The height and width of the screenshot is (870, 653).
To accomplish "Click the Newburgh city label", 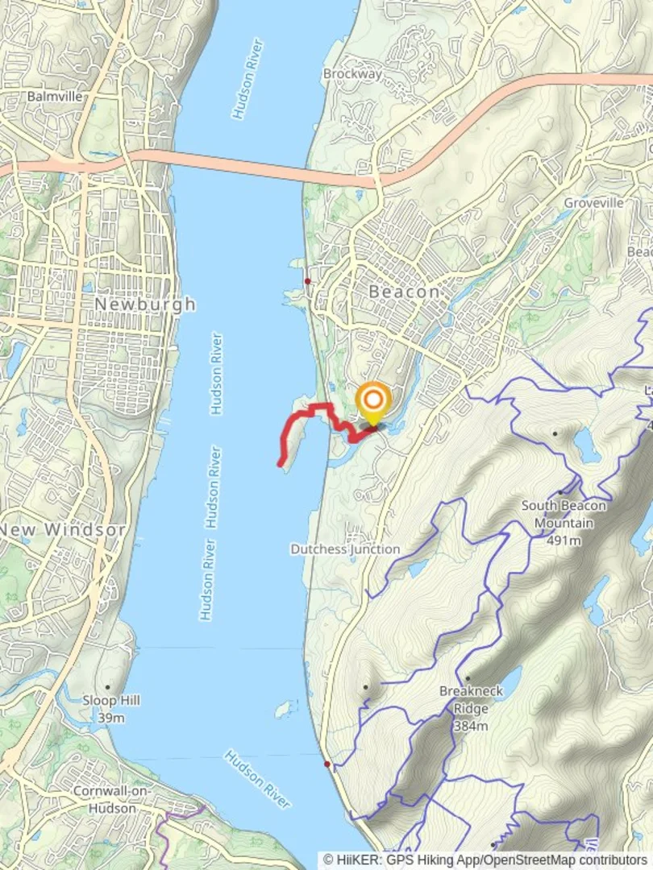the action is click(145, 304).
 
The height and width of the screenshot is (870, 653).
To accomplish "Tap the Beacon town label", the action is click(404, 292).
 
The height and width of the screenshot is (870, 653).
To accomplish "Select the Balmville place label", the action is click(55, 96).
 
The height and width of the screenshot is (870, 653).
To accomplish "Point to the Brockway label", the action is click(351, 73).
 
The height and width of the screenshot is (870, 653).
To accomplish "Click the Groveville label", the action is click(593, 203).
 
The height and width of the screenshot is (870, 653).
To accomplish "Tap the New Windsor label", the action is click(63, 530).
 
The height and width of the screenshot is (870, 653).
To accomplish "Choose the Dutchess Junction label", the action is click(345, 549).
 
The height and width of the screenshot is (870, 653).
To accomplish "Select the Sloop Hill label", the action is click(111, 700).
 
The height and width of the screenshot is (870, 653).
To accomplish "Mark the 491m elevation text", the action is click(564, 541).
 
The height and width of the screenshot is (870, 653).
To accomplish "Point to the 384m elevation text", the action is click(471, 727).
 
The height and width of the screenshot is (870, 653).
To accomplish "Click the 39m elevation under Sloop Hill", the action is click(111, 718).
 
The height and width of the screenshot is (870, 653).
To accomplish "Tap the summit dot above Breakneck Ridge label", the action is click(468, 678).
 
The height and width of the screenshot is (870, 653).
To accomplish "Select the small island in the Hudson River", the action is click(282, 710).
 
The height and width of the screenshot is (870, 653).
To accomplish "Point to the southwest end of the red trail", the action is click(281, 463).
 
